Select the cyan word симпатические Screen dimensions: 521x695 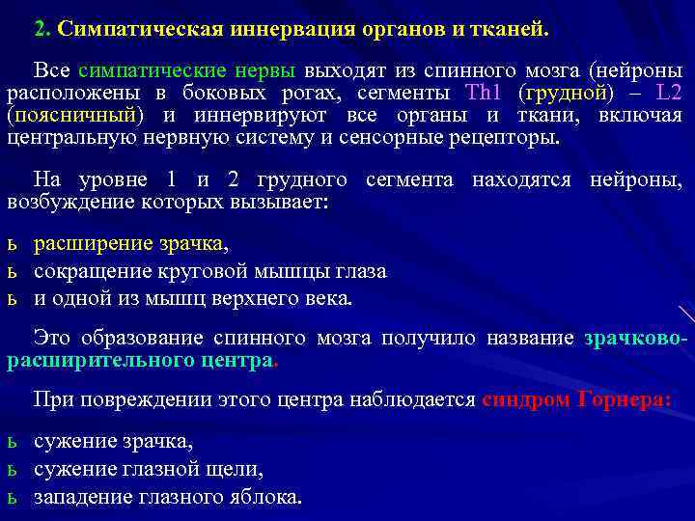[155, 70]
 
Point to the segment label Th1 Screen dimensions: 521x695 [481, 94]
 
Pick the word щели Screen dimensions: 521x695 [240, 470]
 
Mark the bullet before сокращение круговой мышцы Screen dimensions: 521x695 [12, 271]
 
